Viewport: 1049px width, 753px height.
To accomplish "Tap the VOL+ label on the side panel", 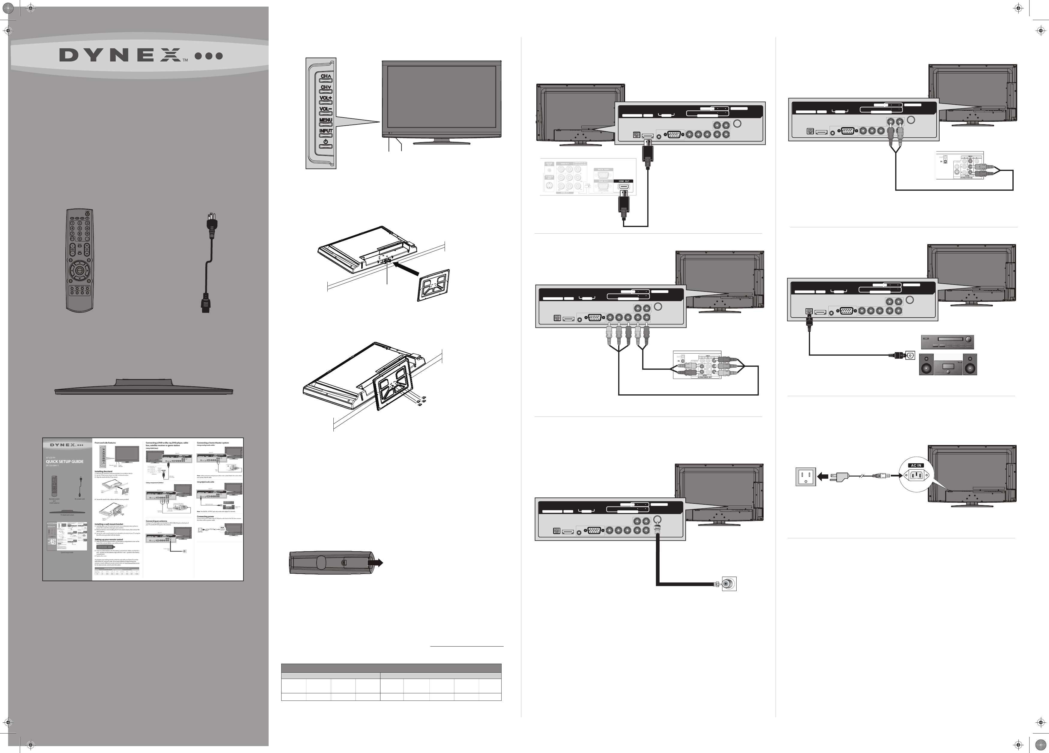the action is [326, 98].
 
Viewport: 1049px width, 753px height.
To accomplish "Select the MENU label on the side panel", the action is [326, 120].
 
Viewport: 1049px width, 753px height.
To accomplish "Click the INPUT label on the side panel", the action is [326, 131].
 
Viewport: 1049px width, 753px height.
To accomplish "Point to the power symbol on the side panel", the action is [326, 142].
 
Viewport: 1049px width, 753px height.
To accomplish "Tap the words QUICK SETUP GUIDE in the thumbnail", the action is [65, 462].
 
